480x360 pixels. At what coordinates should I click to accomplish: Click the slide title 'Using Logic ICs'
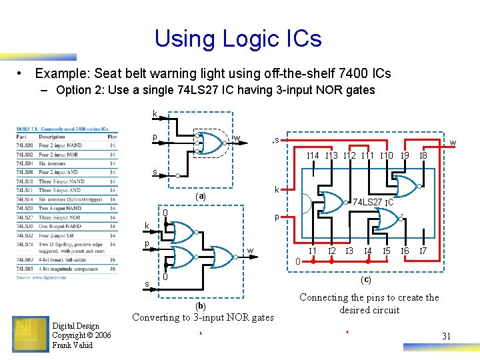pos(238,39)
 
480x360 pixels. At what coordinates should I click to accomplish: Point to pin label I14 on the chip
pos(313,156)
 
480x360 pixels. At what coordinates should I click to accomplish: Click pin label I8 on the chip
pos(422,156)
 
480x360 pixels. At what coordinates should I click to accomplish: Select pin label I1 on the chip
pos(311,251)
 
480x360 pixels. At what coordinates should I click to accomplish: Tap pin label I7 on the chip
pos(422,251)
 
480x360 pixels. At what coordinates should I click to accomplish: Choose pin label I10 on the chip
pos(385,156)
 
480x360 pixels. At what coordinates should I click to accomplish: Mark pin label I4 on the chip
pos(367,251)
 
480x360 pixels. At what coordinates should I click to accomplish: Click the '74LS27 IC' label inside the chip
pos(373,201)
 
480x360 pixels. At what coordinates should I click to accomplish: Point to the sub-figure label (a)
pos(200,197)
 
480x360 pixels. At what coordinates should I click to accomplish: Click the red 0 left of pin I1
pos(297,261)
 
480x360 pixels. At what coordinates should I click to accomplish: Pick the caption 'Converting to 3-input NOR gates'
pos(203,317)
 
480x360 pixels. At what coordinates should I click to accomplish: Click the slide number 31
pos(446,336)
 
